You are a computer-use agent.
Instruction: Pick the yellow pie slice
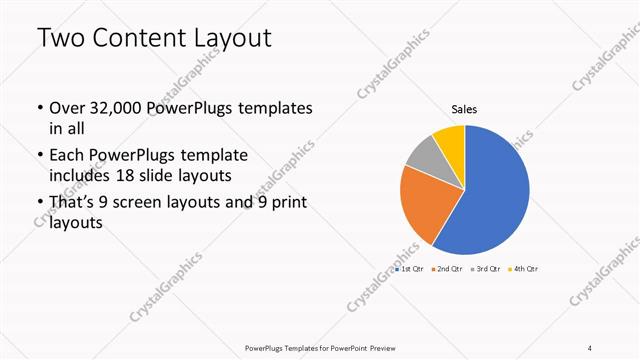[450, 138]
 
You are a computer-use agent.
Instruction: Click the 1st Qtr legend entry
[410, 270]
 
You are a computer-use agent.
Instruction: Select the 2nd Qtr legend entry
[446, 270]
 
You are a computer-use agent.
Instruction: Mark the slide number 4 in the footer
[590, 347]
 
